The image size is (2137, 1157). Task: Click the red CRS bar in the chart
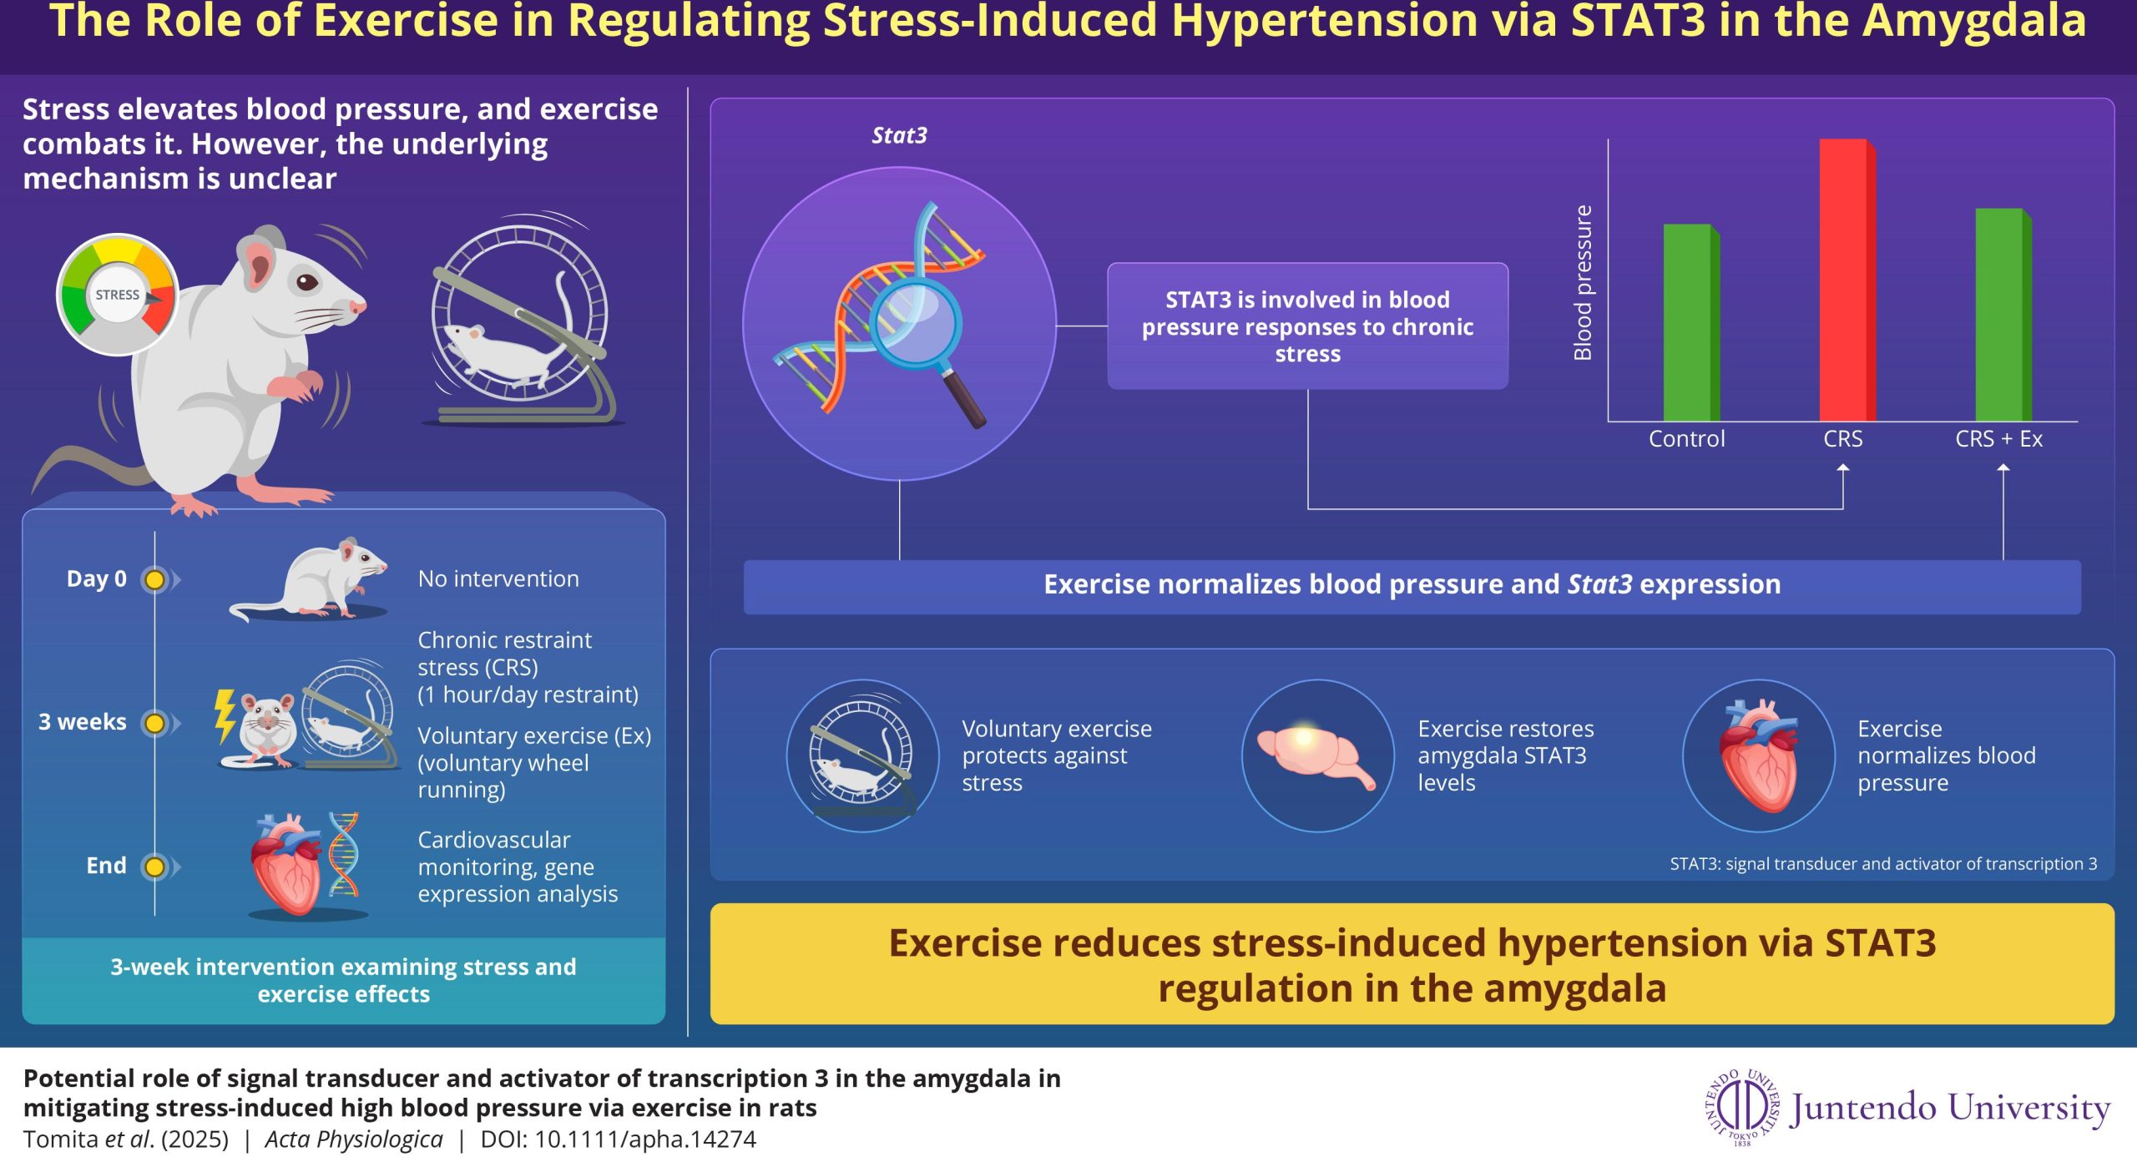[1847, 280]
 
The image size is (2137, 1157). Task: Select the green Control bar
[1691, 322]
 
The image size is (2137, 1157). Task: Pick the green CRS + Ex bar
[2003, 315]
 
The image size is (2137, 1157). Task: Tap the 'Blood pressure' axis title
[1583, 282]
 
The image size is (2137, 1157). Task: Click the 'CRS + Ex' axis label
[1998, 439]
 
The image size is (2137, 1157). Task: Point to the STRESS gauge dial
[118, 295]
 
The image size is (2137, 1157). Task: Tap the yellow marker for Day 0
[154, 579]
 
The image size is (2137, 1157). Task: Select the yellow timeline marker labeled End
[154, 866]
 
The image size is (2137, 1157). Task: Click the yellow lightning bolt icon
[225, 715]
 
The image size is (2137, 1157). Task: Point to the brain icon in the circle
[1316, 755]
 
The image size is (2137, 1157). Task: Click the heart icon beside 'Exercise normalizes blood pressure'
[1759, 755]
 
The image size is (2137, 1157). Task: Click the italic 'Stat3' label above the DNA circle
[899, 135]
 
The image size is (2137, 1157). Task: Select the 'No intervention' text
[498, 578]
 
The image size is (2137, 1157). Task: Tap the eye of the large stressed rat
[307, 282]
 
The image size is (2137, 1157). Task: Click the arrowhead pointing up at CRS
[1843, 469]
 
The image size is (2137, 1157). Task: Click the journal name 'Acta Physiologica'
[354, 1139]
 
